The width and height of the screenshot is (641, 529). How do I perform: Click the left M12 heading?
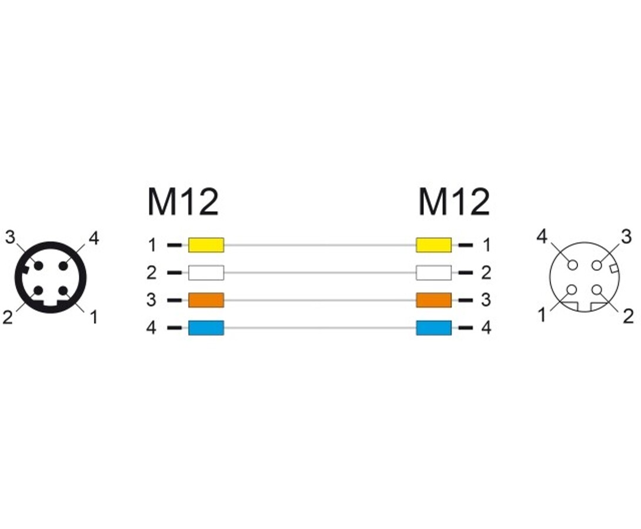(x=182, y=202)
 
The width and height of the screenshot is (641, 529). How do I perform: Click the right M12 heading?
(x=453, y=202)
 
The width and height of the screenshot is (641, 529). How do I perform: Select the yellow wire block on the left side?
(x=206, y=245)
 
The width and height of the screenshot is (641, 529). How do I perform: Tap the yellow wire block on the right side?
(x=433, y=245)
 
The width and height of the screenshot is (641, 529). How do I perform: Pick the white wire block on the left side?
(x=206, y=273)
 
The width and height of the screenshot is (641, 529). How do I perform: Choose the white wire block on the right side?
(x=433, y=273)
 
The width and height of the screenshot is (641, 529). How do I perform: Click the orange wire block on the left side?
(x=206, y=300)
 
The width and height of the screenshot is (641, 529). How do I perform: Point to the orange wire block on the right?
(x=433, y=300)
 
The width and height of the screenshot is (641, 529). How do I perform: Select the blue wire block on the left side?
(x=206, y=327)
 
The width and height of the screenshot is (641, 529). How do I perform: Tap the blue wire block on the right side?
(x=433, y=327)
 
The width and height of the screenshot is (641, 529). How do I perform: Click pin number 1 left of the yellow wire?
(x=152, y=245)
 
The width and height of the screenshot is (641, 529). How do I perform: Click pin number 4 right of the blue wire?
(x=486, y=328)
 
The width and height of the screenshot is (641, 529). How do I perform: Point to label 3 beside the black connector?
(x=10, y=238)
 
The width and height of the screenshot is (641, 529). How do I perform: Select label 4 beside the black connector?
(x=94, y=238)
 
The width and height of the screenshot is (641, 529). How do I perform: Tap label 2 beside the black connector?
(x=8, y=318)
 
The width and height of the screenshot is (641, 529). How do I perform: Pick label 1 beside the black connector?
(x=94, y=318)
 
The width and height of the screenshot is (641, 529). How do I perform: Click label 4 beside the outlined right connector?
(x=542, y=237)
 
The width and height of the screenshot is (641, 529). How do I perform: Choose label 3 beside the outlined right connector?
(x=626, y=237)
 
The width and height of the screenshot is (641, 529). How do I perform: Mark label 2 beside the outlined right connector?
(x=628, y=316)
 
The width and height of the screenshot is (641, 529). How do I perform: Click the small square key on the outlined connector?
(x=615, y=269)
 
